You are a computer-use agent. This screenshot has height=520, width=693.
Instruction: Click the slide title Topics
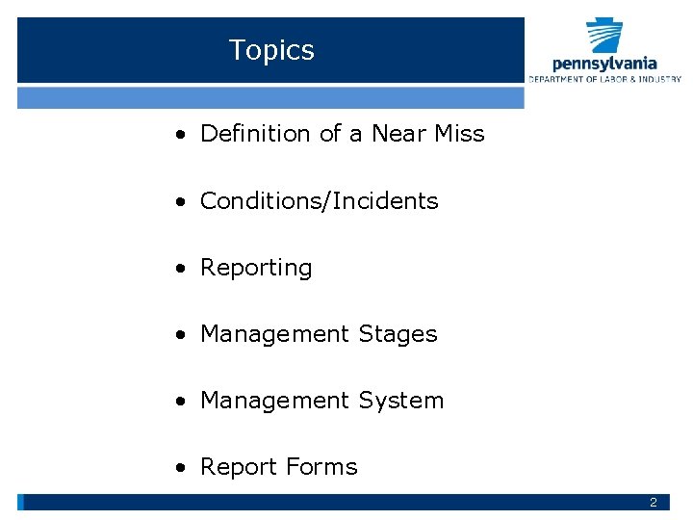coord(271,50)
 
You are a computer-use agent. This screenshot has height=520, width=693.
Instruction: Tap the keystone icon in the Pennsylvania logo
coord(604,37)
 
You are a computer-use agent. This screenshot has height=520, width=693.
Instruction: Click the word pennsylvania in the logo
coord(604,64)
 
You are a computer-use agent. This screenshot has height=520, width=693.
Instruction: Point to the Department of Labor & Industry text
coord(604,79)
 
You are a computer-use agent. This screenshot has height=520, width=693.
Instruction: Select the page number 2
coord(653,503)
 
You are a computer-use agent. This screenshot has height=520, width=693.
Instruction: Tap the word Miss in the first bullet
coord(459,134)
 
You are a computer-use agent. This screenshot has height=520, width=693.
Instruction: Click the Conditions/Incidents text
coord(319,201)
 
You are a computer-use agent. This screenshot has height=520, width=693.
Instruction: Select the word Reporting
coord(256,268)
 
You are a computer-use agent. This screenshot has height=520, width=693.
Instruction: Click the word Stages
coord(398,334)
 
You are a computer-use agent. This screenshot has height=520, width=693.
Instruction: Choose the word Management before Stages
coord(274,334)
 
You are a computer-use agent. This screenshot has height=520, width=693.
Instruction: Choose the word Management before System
coord(274,401)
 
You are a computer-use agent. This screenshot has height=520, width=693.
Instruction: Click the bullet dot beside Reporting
coord(180,269)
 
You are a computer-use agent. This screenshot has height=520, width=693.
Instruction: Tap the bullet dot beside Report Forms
coord(180,468)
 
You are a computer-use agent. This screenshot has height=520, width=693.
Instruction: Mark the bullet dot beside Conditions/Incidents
coord(180,202)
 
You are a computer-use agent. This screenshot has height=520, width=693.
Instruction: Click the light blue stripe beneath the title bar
coord(270,97)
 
